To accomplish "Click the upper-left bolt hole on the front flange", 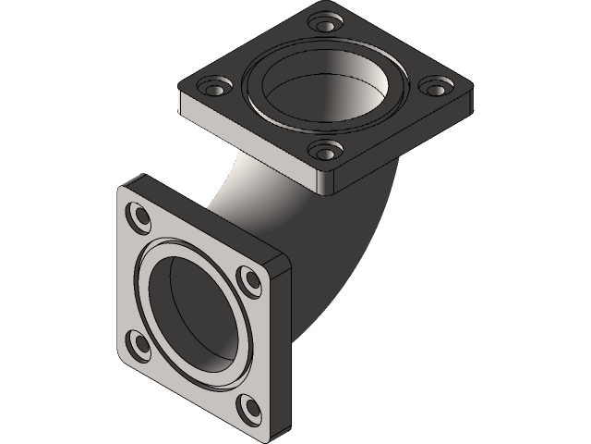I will [141, 217].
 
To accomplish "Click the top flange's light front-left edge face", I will [249, 139].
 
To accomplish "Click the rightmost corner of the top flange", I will [473, 91].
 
